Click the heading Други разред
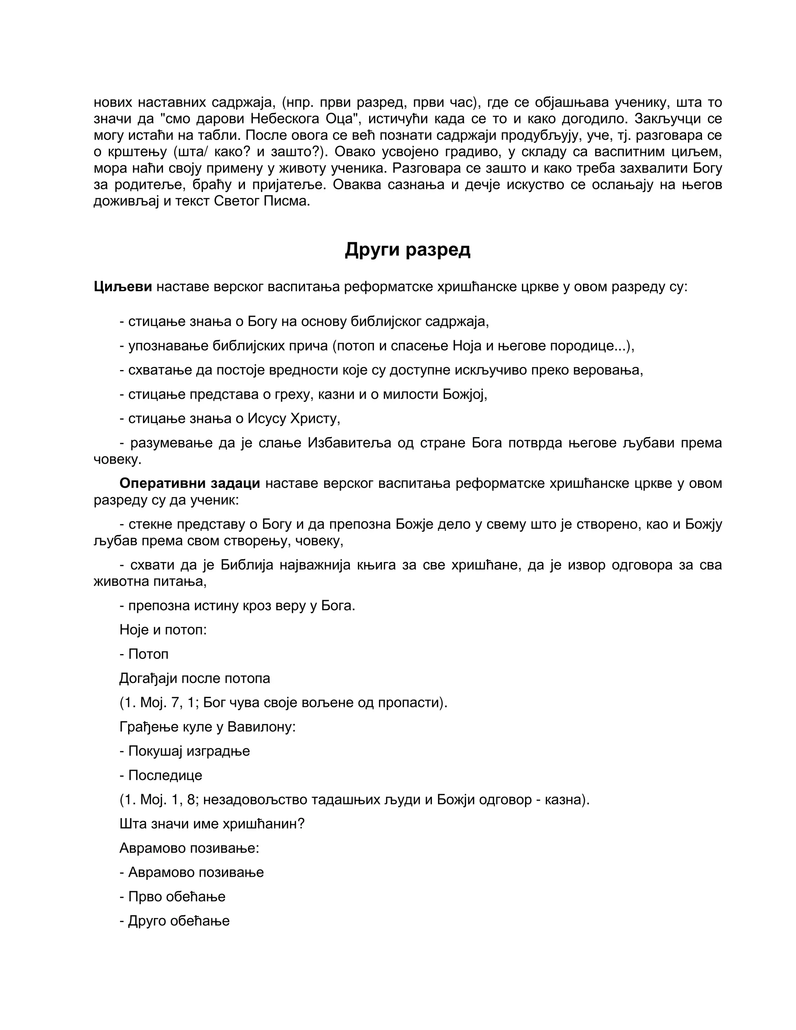[x=407, y=250]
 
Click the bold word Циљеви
[x=122, y=287]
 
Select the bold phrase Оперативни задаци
[x=190, y=484]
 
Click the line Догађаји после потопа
[x=195, y=678]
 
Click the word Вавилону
[x=261, y=727]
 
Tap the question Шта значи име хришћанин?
[x=212, y=824]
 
